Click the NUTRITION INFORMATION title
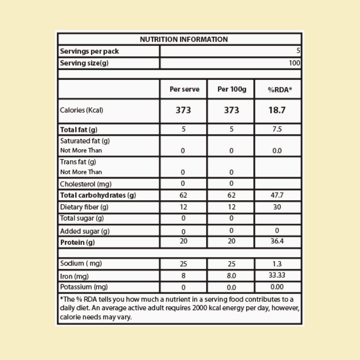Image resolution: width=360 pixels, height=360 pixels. coord(184,39)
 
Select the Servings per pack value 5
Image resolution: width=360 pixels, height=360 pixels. coord(298,51)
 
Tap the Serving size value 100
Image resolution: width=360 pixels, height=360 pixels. coord(294,63)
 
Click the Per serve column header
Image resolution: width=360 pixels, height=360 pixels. coord(184,89)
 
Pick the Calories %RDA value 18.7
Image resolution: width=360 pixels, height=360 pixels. coord(277,110)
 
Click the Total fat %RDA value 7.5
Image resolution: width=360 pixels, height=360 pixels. coord(277,129)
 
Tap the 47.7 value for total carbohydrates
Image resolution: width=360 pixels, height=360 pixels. coord(277,195)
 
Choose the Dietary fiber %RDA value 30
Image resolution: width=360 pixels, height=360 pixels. coord(277,207)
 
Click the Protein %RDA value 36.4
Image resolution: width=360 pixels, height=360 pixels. coord(277,241)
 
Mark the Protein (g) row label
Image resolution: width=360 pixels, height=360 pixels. coord(77,242)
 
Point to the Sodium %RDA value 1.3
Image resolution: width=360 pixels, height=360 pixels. coord(277,264)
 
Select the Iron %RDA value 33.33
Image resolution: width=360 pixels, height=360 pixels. coord(277,276)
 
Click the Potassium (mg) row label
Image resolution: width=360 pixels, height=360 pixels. coord(84,287)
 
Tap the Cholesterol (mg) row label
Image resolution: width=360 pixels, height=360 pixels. coord(86,184)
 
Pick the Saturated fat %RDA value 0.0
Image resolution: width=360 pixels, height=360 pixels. coord(277,151)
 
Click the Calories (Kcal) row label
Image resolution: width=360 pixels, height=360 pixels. coord(81,110)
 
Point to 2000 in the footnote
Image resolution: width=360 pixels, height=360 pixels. coord(199,309)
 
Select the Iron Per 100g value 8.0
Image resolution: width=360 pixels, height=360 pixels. coord(231,276)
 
